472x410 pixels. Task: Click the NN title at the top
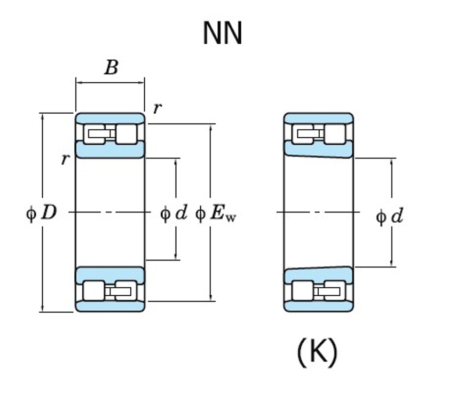(223, 33)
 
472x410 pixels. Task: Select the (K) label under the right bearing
(317, 353)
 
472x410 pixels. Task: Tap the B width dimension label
(111, 68)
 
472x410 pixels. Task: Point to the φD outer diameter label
(42, 213)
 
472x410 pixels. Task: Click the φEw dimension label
(216, 214)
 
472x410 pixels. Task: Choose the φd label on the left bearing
(174, 214)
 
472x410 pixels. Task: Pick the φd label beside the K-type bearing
(389, 217)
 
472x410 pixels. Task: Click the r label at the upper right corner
(157, 108)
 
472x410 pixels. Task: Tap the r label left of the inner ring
(65, 159)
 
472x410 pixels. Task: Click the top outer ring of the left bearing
(110, 118)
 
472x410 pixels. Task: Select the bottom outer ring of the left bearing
(110, 306)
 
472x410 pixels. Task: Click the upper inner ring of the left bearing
(110, 150)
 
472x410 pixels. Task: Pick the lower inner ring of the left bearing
(110, 274)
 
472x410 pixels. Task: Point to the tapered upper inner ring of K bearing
(318, 150)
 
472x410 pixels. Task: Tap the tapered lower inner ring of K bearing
(318, 275)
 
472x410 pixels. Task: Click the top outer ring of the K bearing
(318, 118)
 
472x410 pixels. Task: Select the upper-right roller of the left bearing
(127, 134)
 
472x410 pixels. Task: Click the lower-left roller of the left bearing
(93, 291)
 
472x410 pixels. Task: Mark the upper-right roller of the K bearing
(335, 134)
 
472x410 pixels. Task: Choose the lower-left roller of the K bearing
(302, 291)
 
